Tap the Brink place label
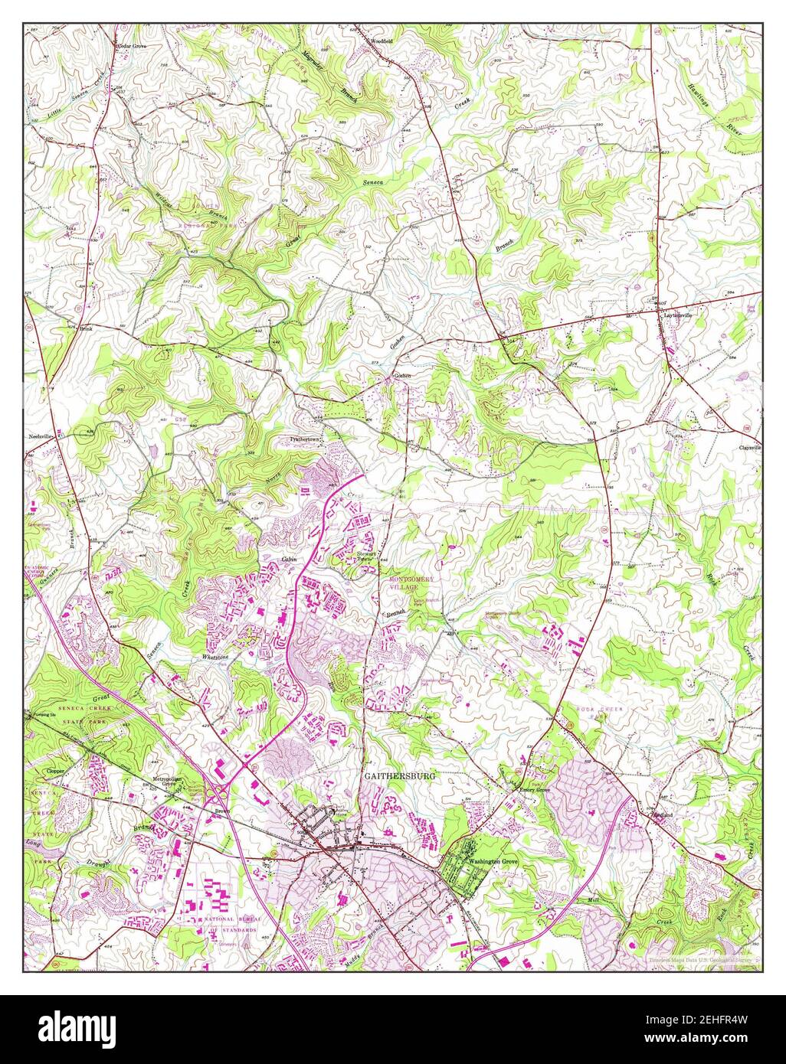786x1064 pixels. coord(87,328)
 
